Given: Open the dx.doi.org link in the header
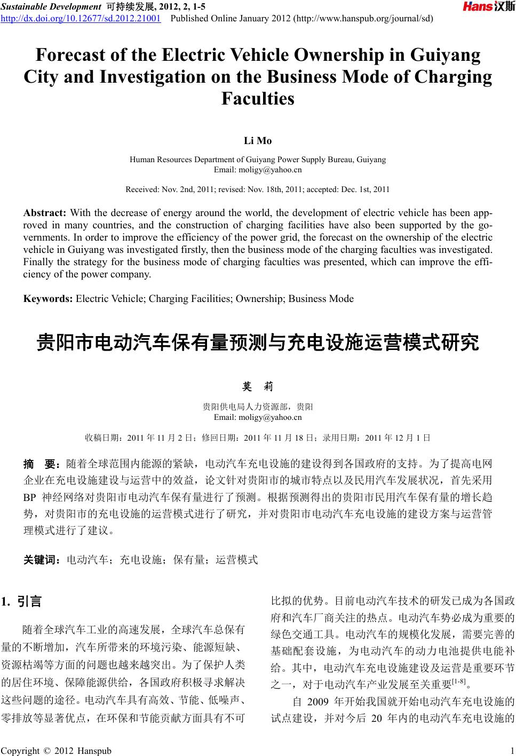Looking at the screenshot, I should (82, 19).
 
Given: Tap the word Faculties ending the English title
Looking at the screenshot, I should (258, 99).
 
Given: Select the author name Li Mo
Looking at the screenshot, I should (258, 141).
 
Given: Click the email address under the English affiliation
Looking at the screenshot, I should (258, 170).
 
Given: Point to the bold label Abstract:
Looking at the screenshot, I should (45, 213).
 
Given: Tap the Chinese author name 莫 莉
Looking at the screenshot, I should (258, 386).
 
